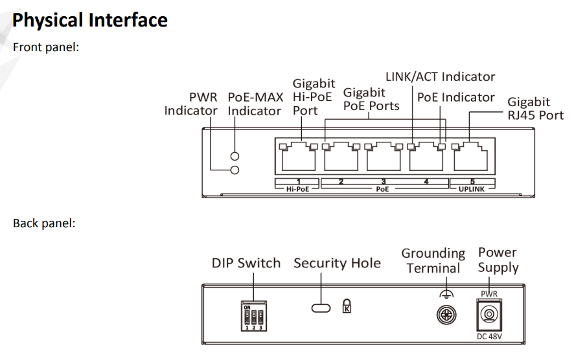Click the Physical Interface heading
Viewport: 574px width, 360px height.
click(x=90, y=20)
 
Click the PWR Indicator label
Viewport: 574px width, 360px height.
click(x=190, y=104)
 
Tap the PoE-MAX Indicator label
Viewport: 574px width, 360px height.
click(x=255, y=104)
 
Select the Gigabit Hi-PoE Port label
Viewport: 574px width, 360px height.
click(x=313, y=97)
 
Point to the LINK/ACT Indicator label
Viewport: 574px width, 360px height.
click(x=440, y=77)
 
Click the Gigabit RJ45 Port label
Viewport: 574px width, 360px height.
click(x=535, y=109)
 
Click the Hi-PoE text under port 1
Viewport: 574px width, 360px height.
click(x=297, y=190)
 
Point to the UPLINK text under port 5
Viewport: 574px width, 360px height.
click(x=472, y=190)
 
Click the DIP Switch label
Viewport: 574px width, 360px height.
click(x=246, y=264)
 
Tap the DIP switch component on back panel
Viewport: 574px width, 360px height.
click(x=253, y=315)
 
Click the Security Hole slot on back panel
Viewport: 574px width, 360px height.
click(x=321, y=307)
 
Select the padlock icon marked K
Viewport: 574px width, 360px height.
click(x=347, y=306)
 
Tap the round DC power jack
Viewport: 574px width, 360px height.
click(x=489, y=315)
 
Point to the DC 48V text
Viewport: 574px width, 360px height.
click(x=489, y=336)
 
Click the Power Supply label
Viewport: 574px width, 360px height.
click(x=498, y=260)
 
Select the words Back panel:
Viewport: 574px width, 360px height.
click(x=44, y=223)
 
